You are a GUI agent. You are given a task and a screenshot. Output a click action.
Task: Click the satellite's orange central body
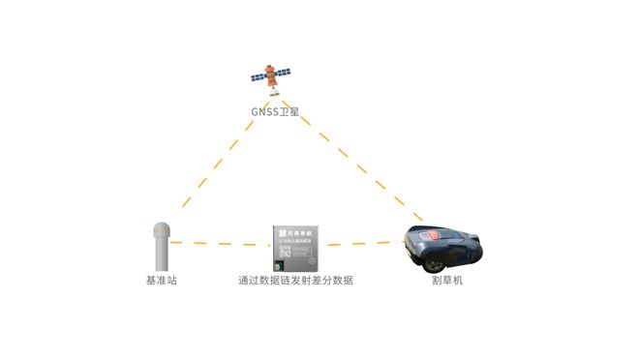274,75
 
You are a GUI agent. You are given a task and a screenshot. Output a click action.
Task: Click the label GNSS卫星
275,112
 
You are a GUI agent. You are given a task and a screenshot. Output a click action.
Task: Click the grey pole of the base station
162,255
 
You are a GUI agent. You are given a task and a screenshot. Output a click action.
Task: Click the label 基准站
162,281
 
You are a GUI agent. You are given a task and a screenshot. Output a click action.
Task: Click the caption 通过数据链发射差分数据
296,281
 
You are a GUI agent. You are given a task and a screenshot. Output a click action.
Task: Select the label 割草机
447,281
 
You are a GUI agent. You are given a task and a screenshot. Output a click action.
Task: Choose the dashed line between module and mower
362,244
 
